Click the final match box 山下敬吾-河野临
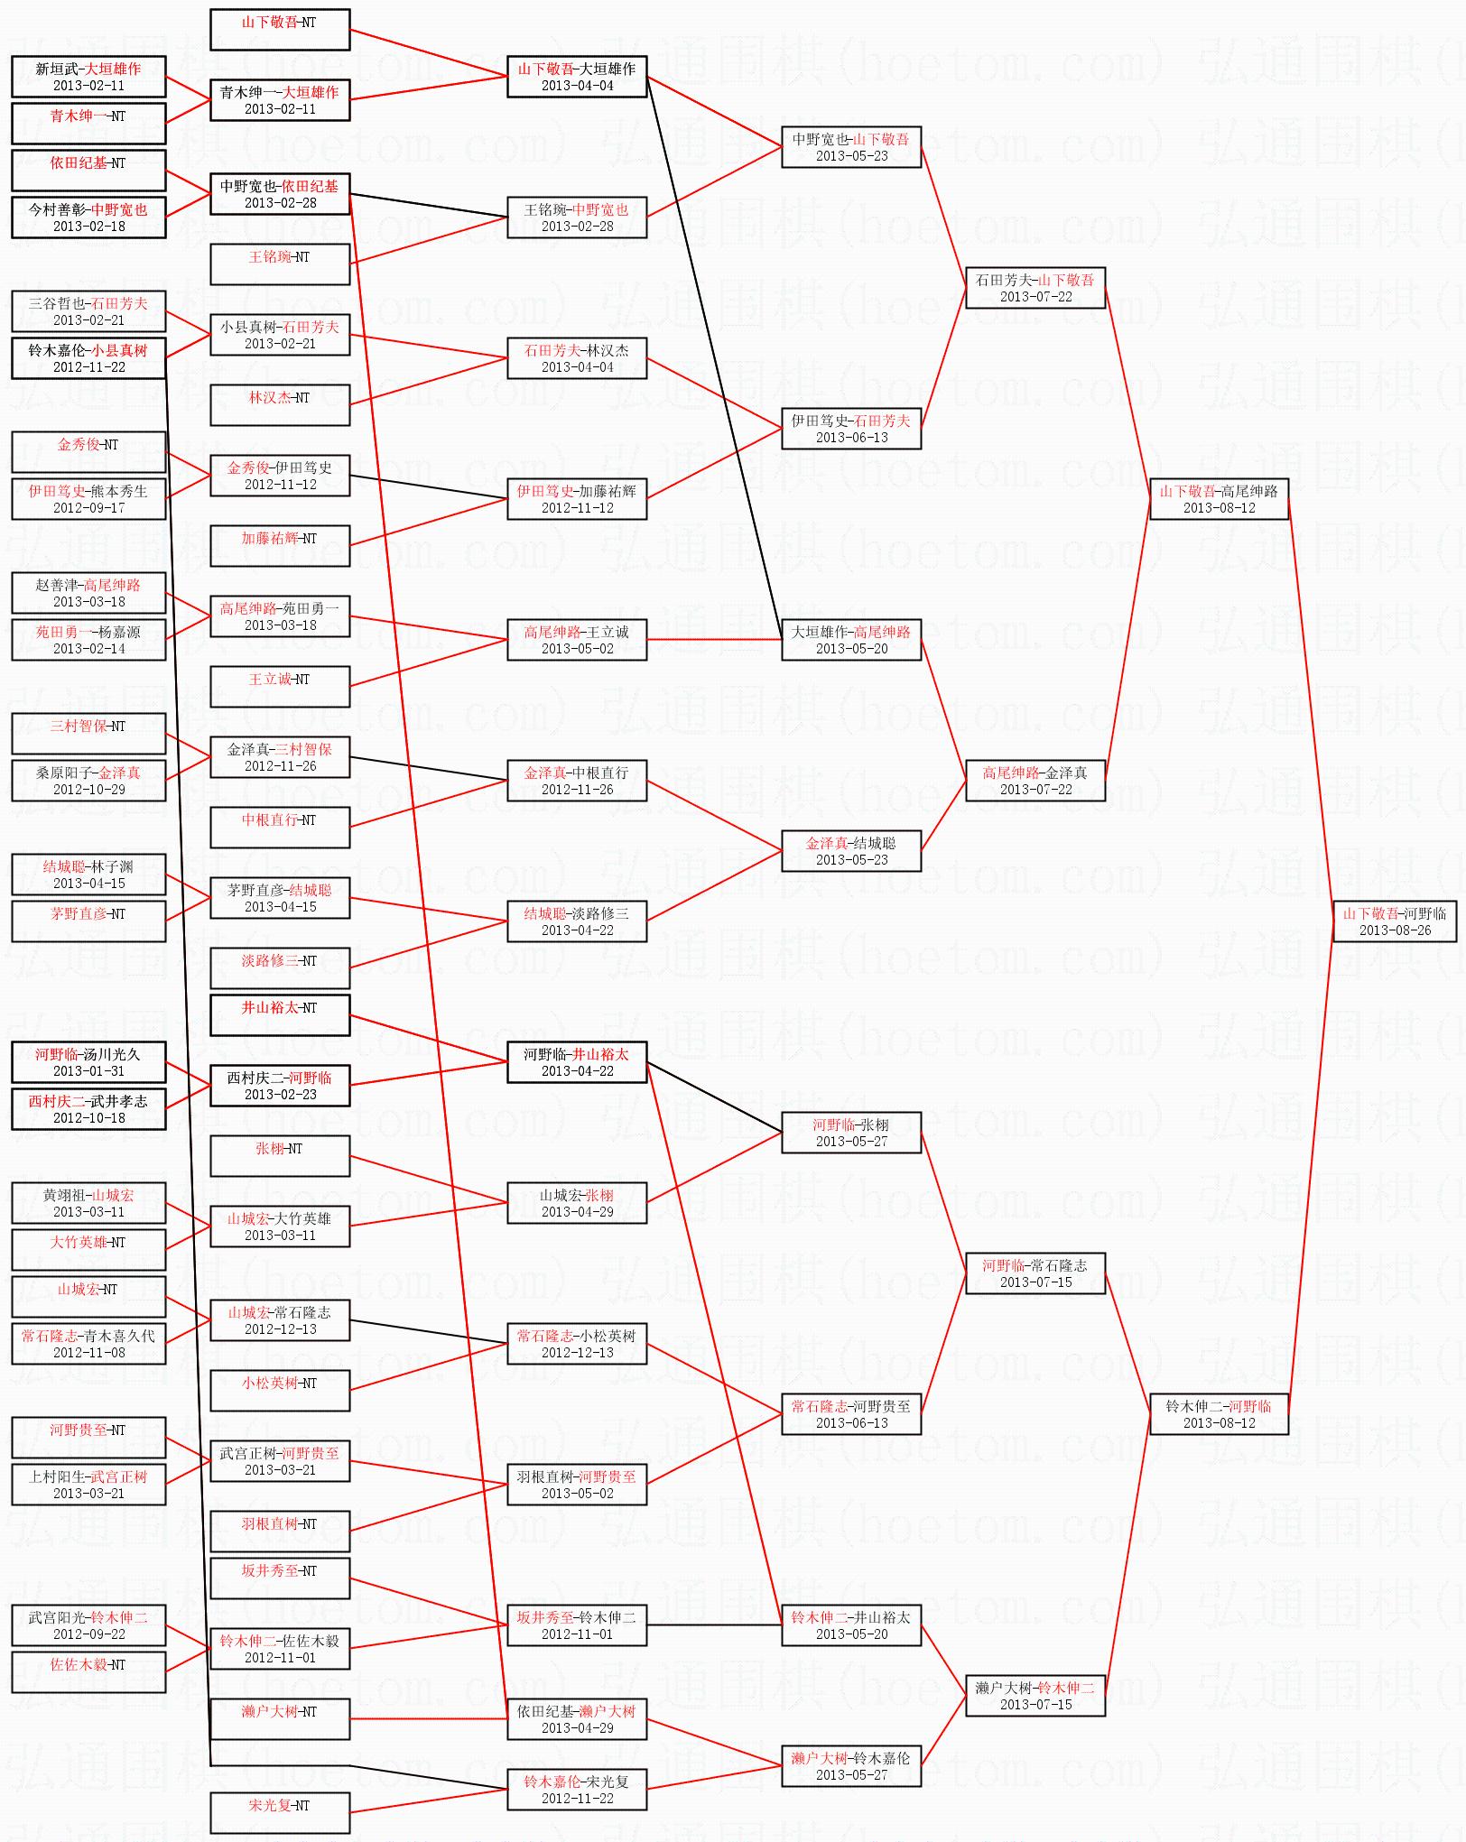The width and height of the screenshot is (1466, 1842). click(x=1395, y=921)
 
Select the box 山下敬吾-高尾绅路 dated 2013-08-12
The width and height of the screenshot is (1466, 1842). click(x=1219, y=498)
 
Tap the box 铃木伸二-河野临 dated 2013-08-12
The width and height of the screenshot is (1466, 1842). click(x=1219, y=1413)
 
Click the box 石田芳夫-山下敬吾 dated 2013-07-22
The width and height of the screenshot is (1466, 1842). click(x=1035, y=287)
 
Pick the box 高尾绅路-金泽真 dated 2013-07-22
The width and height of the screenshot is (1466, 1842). click(x=1035, y=780)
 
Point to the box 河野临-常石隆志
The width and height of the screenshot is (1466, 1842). click(x=1035, y=1273)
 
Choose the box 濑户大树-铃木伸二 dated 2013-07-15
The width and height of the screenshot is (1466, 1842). click(x=1035, y=1695)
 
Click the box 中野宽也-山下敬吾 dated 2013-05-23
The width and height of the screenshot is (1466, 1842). click(x=851, y=146)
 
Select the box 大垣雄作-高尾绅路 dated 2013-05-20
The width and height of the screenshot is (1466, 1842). click(x=851, y=639)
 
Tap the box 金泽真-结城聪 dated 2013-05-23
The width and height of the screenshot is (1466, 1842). click(x=851, y=850)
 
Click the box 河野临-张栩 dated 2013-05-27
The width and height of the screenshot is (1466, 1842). click(x=851, y=1132)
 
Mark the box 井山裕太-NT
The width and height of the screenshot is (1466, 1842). click(x=280, y=1014)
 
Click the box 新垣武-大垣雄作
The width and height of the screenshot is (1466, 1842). click(x=88, y=76)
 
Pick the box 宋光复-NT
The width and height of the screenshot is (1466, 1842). click(x=280, y=1812)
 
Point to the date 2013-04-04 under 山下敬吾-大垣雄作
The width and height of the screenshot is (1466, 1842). click(x=577, y=86)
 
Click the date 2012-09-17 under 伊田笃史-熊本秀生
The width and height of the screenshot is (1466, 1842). click(x=88, y=508)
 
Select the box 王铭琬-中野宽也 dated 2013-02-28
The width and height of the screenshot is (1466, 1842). click(x=577, y=217)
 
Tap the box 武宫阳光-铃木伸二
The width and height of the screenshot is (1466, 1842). click(x=88, y=1624)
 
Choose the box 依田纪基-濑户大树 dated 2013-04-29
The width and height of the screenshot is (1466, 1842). click(x=577, y=1718)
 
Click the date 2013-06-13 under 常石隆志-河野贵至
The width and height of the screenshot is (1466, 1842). click(x=851, y=1423)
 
